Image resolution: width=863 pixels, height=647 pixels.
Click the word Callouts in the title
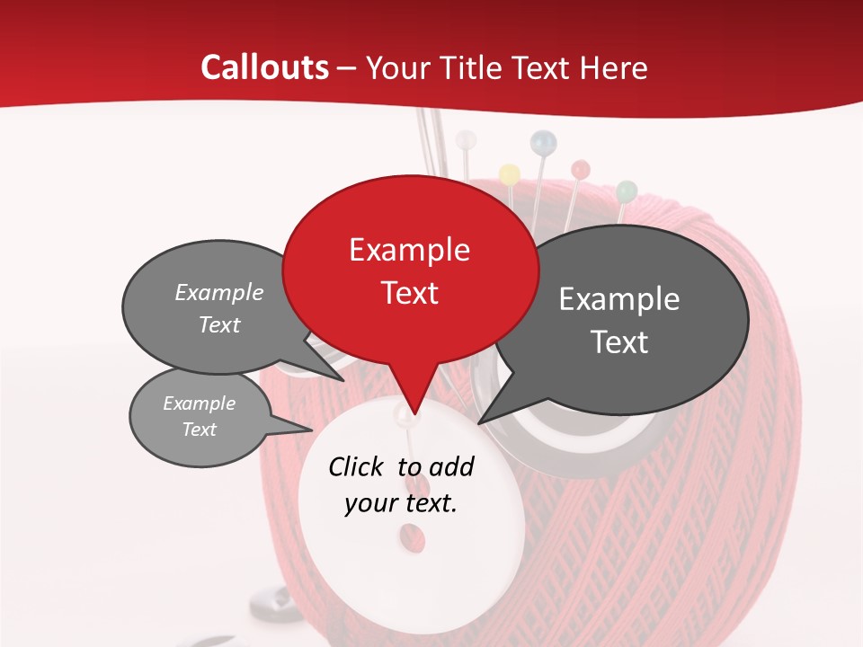click(264, 67)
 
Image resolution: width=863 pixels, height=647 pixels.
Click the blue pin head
click(543, 141)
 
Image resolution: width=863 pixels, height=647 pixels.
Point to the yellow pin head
click(509, 173)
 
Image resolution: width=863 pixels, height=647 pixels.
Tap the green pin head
click(627, 191)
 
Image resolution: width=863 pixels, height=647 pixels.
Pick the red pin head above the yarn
click(580, 168)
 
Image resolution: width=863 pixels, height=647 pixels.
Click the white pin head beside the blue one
click(466, 140)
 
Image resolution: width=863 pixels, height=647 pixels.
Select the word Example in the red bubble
click(409, 250)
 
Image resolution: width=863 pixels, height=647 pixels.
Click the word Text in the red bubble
click(409, 293)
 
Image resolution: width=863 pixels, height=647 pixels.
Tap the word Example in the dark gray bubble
click(618, 299)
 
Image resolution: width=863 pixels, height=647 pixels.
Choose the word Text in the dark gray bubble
click(619, 342)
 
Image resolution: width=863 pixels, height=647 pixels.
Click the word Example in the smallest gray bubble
click(199, 403)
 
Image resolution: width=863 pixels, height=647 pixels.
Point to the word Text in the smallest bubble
click(199, 430)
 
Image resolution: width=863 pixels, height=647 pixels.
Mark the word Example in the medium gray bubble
click(219, 292)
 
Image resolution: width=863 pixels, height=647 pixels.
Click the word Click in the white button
click(358, 466)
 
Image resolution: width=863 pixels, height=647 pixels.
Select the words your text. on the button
click(400, 503)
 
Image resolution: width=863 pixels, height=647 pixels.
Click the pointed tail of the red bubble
click(410, 409)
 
